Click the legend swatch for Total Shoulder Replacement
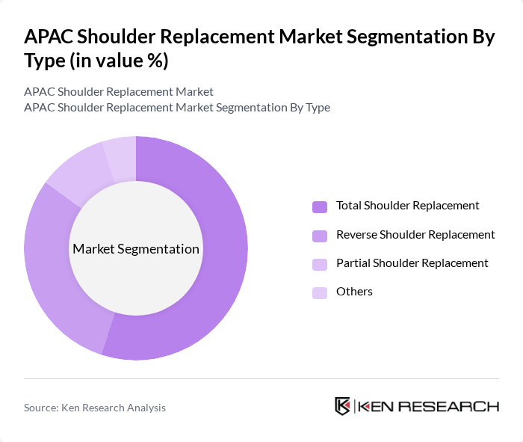pyautogui.click(x=320, y=206)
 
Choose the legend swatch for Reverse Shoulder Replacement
pyautogui.click(x=320, y=236)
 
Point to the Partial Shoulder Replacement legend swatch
pyautogui.click(x=320, y=264)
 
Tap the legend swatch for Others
pyautogui.click(x=320, y=292)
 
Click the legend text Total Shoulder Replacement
pyautogui.click(x=408, y=206)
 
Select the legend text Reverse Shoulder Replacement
pyautogui.click(x=415, y=235)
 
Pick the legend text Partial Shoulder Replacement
pyautogui.click(x=412, y=263)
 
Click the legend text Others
pyautogui.click(x=354, y=292)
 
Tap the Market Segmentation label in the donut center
pyautogui.click(x=136, y=249)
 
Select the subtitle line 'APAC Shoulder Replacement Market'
pyautogui.click(x=119, y=92)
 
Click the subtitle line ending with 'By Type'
pyautogui.click(x=177, y=108)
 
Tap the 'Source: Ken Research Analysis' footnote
pyautogui.click(x=95, y=408)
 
